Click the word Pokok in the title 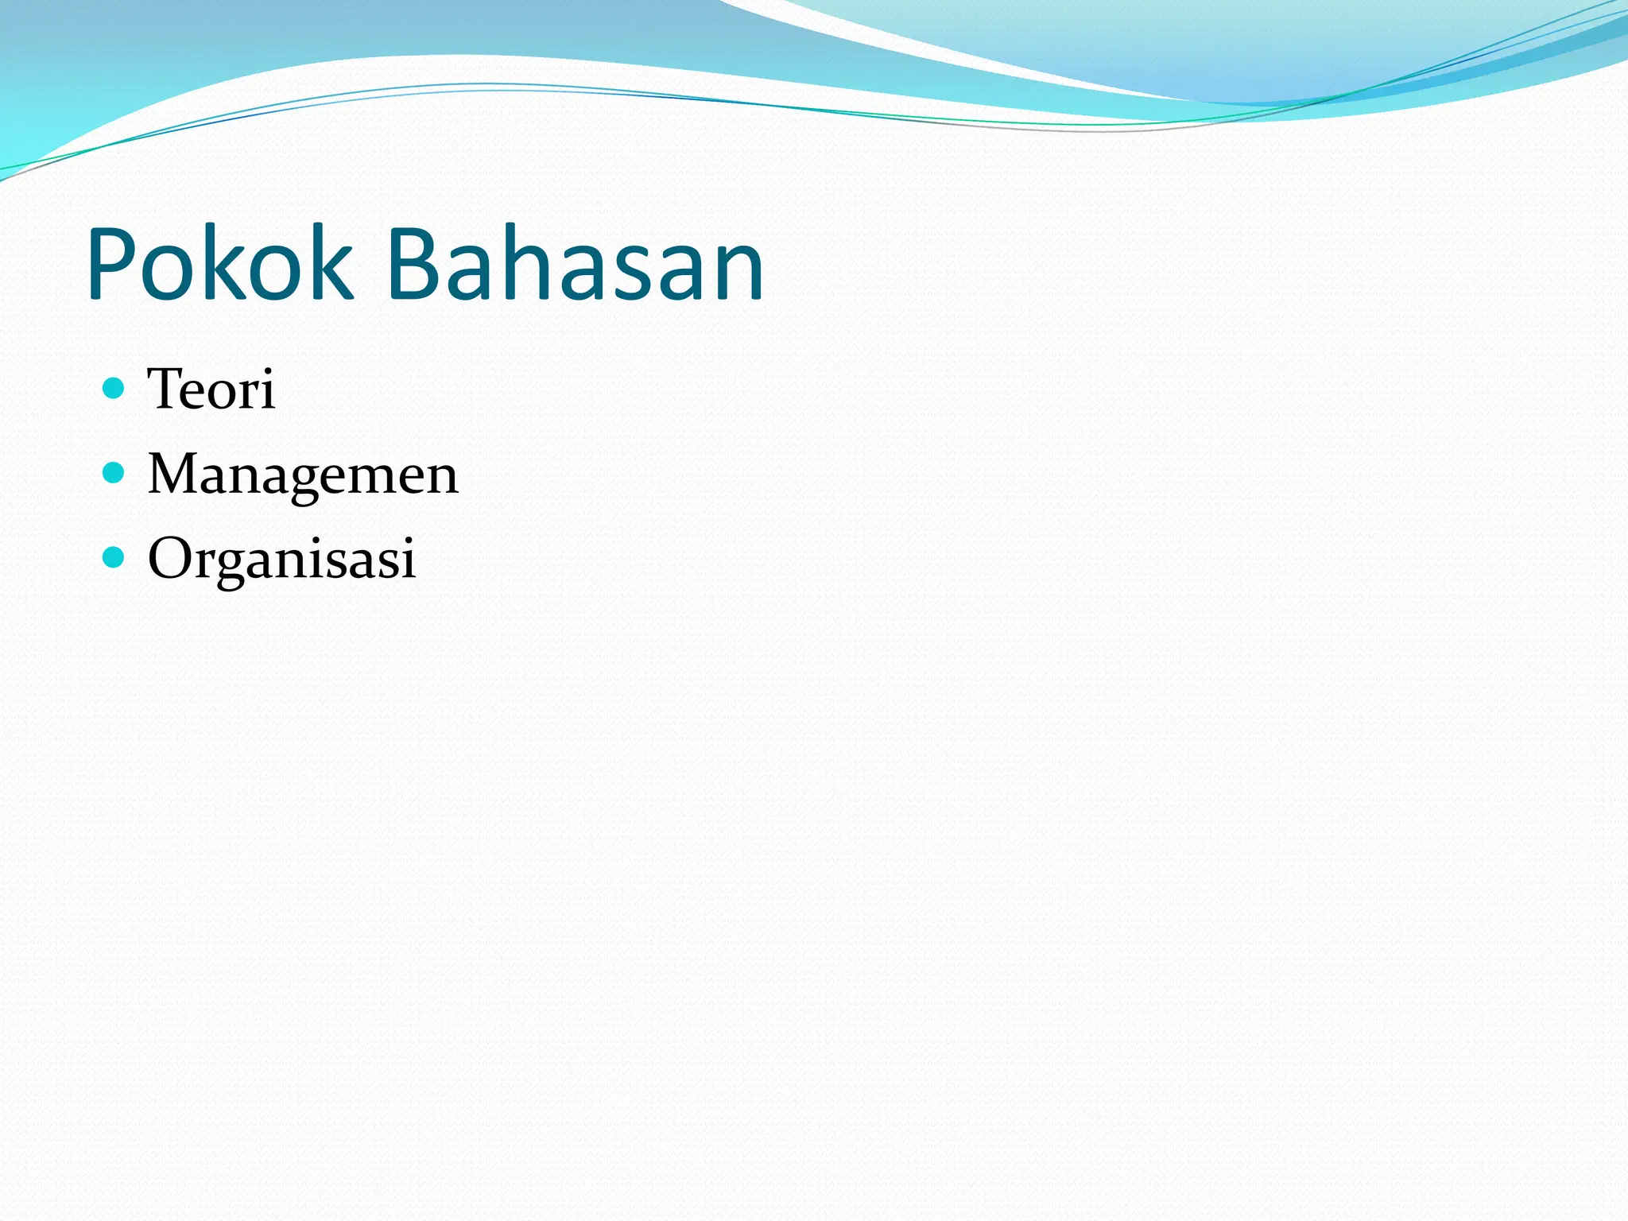(x=219, y=264)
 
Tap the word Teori (x=211, y=389)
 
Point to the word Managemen (x=303, y=474)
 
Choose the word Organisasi (x=281, y=558)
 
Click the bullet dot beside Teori (x=114, y=388)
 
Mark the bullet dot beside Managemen (x=114, y=473)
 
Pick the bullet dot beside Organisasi (x=114, y=557)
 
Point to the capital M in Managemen (x=176, y=474)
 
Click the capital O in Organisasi (x=171, y=558)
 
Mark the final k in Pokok (x=331, y=264)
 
